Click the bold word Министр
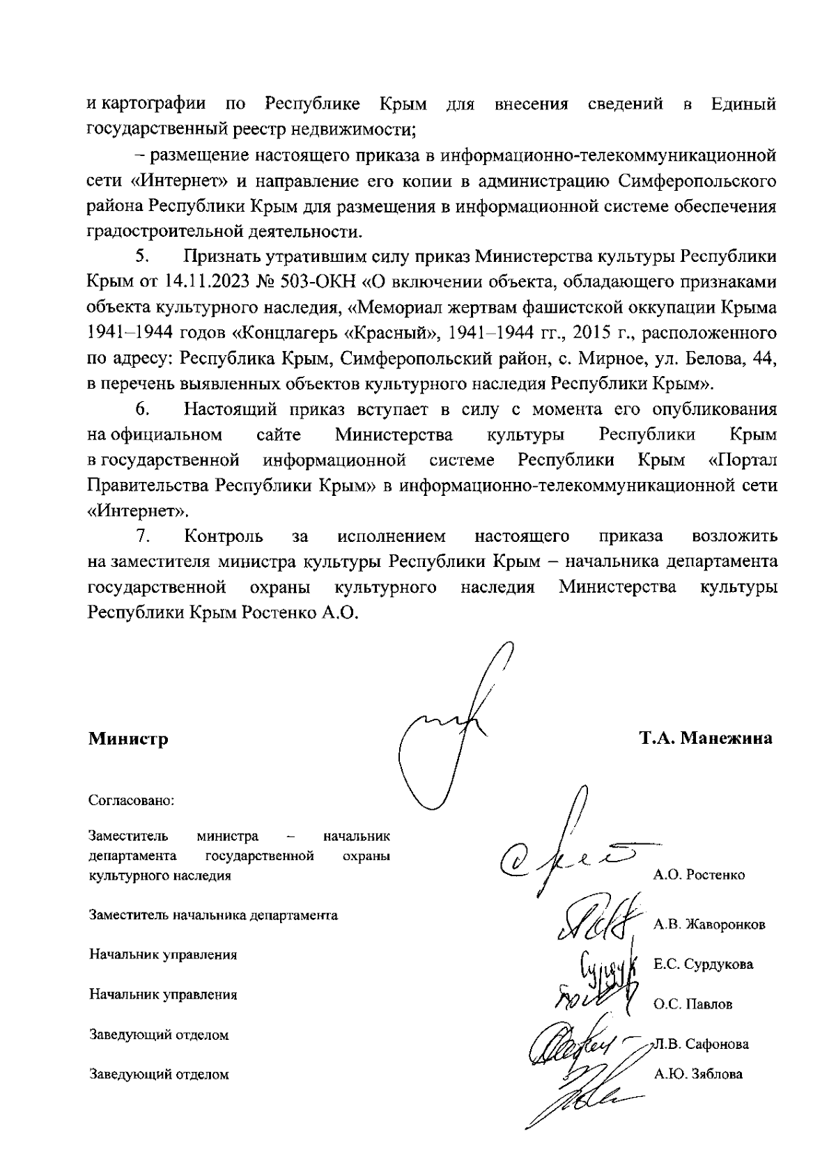click(128, 738)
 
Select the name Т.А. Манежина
click(706, 738)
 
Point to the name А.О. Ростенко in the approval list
click(699, 875)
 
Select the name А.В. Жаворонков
click(709, 925)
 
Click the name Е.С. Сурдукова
click(703, 965)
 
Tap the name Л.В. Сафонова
click(701, 1044)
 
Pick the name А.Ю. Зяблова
click(698, 1074)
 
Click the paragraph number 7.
click(143, 536)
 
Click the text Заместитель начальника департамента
click(213, 915)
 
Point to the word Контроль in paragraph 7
click(224, 536)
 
